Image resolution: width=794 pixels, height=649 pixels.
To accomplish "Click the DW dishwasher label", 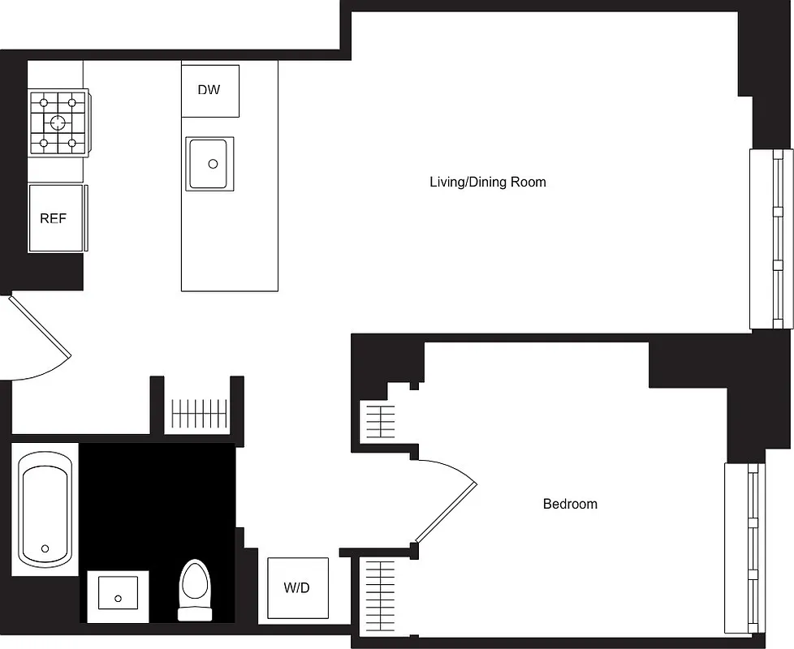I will click(x=209, y=90).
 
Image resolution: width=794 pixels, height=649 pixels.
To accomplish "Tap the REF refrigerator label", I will click(x=53, y=218).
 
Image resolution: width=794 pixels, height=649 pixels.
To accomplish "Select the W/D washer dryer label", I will click(x=297, y=587).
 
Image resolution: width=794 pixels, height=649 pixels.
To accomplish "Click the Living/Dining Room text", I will click(x=487, y=182).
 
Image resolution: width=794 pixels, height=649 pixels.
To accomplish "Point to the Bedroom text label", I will click(x=570, y=504).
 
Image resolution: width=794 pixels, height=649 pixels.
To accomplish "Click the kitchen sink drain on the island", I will click(x=213, y=164).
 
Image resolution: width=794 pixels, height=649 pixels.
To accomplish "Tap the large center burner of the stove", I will click(x=58, y=123).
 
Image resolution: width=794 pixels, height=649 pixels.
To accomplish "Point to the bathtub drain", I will click(x=45, y=548).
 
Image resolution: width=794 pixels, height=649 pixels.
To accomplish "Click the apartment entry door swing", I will click(x=41, y=341).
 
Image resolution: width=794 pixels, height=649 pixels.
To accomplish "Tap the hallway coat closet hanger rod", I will click(x=197, y=414).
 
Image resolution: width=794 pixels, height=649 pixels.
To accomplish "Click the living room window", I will click(x=770, y=239).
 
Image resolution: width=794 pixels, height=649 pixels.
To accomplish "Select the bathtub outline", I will click(x=46, y=506).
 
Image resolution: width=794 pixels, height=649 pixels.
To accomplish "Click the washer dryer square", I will click(x=298, y=588).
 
